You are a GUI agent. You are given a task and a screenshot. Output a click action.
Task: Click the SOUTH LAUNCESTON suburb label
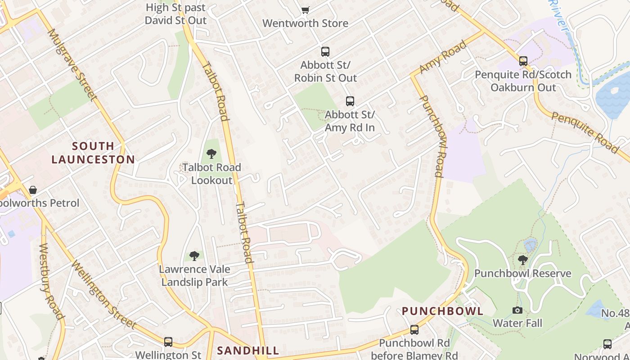click(93, 153)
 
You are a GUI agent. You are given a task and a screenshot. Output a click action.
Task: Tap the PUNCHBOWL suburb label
click(442, 311)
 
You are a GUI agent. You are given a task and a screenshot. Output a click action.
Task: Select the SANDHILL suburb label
click(248, 351)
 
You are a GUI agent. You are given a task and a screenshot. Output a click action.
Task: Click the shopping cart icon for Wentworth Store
click(306, 10)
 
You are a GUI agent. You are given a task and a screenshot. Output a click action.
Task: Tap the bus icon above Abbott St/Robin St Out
click(325, 52)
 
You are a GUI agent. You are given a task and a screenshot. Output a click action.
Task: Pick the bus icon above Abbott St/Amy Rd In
click(350, 101)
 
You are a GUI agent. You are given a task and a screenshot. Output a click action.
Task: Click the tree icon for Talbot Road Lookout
click(211, 154)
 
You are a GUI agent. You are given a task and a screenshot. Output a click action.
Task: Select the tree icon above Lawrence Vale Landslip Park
click(194, 256)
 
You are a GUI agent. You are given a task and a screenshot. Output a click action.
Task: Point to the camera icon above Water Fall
click(517, 310)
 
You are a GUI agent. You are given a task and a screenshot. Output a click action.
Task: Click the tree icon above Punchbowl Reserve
click(522, 260)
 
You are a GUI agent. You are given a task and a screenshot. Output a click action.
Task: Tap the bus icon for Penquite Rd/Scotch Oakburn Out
click(523, 61)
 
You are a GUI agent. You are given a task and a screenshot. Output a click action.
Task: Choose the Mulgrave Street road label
click(72, 65)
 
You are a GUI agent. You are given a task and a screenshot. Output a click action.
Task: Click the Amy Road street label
click(443, 57)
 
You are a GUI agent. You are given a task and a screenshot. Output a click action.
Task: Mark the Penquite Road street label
click(585, 132)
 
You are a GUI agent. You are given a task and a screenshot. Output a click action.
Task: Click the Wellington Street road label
click(103, 295)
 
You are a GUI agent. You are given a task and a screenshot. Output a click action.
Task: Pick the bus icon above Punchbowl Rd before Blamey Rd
click(414, 330)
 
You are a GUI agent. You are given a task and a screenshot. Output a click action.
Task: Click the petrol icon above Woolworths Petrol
click(32, 190)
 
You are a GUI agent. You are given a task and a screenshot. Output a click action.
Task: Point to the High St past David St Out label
click(175, 13)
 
